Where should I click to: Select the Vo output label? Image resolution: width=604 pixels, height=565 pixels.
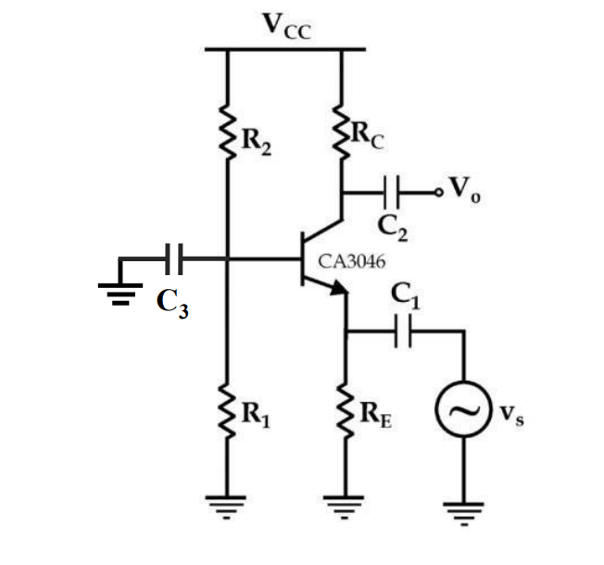click(x=462, y=192)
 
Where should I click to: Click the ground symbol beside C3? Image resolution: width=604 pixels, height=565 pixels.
click(x=120, y=291)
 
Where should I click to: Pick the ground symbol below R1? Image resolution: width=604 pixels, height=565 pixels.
click(x=228, y=506)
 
